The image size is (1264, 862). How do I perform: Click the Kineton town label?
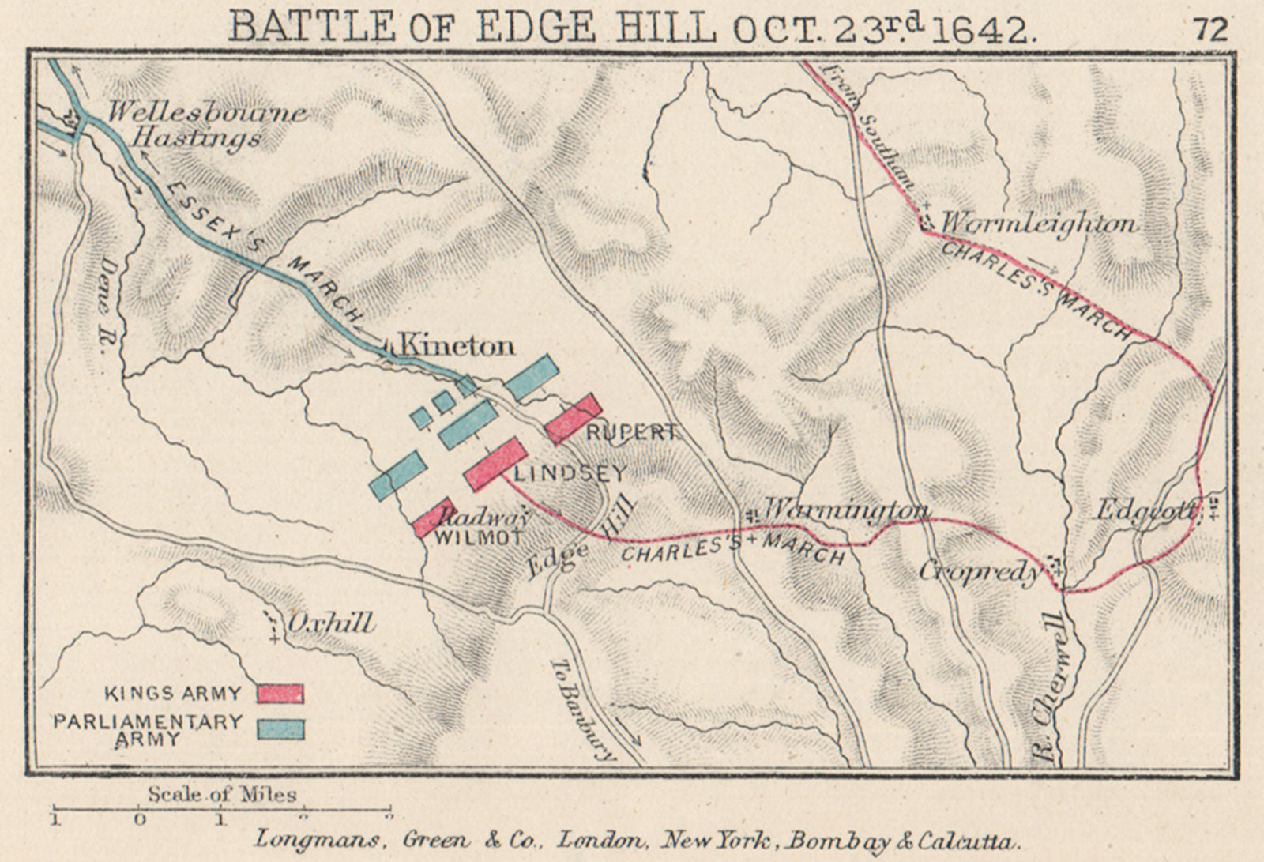click(457, 345)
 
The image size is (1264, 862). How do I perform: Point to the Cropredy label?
click(980, 570)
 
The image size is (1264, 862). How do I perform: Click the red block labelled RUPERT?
click(574, 417)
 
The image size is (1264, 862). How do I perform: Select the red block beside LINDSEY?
click(495, 463)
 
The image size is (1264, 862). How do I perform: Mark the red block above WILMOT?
click(434, 517)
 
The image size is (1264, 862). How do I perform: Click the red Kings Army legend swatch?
click(280, 694)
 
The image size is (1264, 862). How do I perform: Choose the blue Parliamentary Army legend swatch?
click(280, 729)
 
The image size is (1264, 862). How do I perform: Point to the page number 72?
click(1210, 29)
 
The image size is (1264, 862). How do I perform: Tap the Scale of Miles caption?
click(222, 794)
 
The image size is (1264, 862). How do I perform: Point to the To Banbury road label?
click(583, 709)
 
